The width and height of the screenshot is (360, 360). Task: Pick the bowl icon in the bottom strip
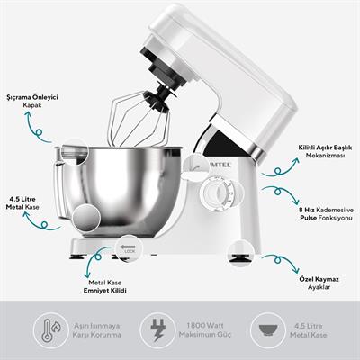tap(265, 326)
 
